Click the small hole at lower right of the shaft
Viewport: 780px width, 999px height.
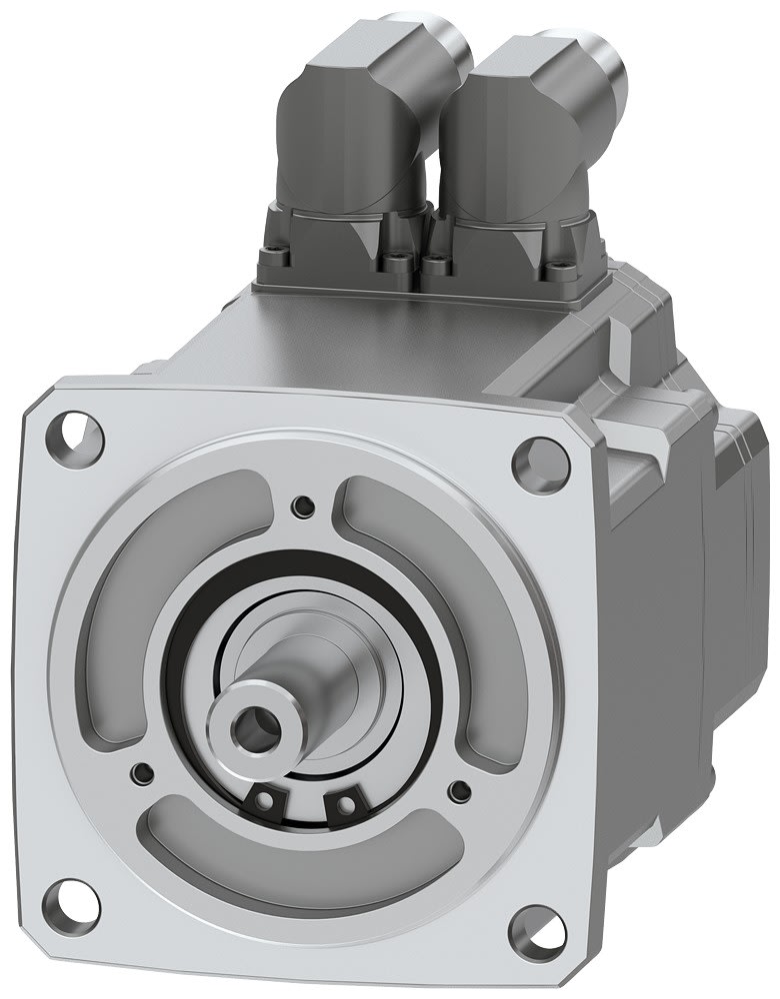460,792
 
